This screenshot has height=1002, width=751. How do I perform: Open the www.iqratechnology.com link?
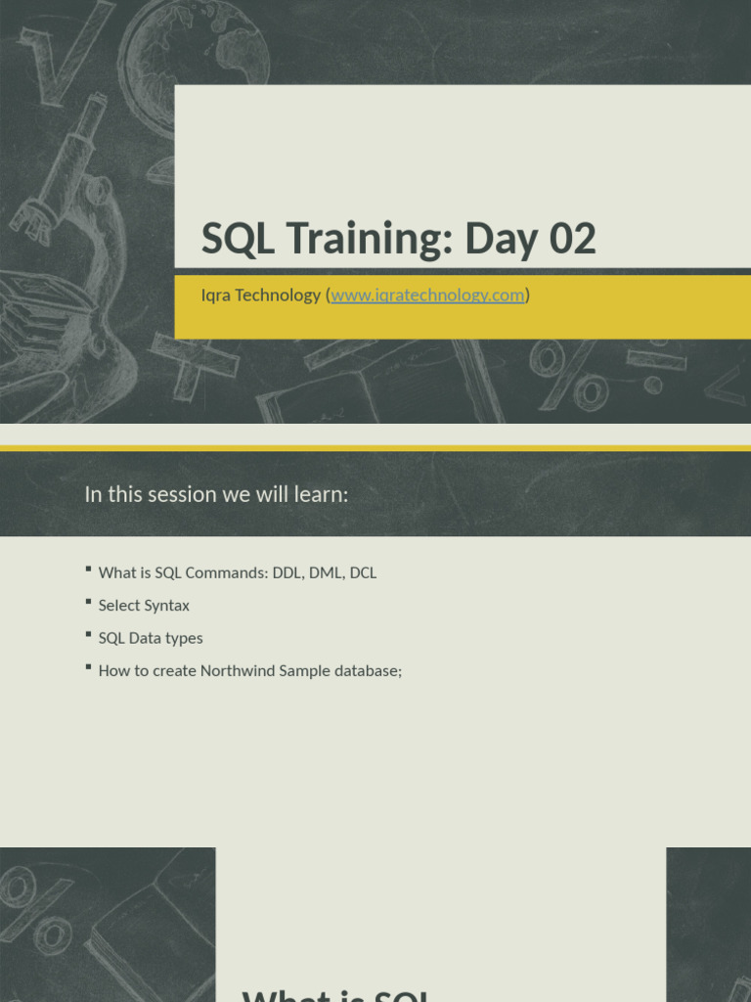pyautogui.click(x=427, y=295)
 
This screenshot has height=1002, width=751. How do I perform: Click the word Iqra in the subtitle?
pyautogui.click(x=216, y=295)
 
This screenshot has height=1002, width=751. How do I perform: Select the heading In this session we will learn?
pyautogui.click(x=216, y=494)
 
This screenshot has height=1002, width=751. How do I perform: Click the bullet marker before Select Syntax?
pyautogui.click(x=88, y=602)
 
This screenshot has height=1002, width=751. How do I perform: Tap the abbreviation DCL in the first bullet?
pyautogui.click(x=362, y=572)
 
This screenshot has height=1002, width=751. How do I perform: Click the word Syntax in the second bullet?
pyautogui.click(x=167, y=606)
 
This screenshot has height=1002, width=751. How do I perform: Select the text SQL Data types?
pyautogui.click(x=151, y=638)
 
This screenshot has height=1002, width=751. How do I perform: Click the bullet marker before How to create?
pyautogui.click(x=88, y=667)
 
